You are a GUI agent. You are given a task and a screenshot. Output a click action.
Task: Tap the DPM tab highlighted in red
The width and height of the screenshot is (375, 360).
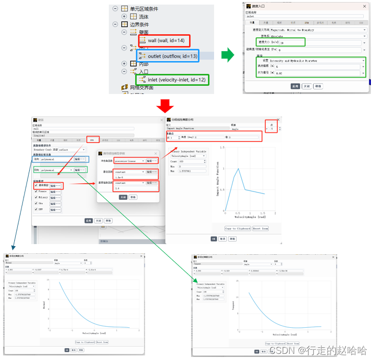[92, 139]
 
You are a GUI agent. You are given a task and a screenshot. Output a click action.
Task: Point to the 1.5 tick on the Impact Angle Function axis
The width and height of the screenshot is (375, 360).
[222, 148]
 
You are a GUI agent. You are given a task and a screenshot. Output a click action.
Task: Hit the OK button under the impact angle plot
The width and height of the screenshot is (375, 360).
[214, 238]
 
